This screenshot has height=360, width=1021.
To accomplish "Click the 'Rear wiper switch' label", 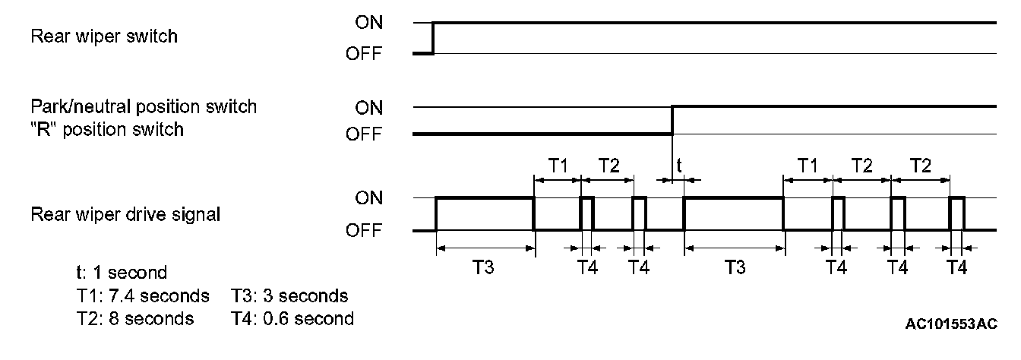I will pyautogui.click(x=104, y=36).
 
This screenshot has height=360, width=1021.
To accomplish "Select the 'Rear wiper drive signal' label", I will pyautogui.click(x=125, y=215).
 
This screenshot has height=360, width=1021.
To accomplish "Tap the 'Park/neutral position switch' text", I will pyautogui.click(x=144, y=106).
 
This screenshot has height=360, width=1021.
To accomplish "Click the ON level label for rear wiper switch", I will pyautogui.click(x=369, y=23).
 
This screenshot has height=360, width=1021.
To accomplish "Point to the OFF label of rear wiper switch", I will pyautogui.click(x=365, y=54).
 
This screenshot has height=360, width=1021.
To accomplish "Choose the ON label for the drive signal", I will pyautogui.click(x=369, y=198).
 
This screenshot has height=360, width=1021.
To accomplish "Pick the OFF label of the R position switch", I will pyautogui.click(x=365, y=134).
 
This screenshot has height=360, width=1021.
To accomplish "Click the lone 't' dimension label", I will pyautogui.click(x=678, y=165).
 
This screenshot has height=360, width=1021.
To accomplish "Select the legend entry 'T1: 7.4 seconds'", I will pyautogui.click(x=137, y=295).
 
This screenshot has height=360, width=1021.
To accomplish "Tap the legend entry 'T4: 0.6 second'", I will pyautogui.click(x=292, y=319).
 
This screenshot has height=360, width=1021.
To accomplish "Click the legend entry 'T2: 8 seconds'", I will pyautogui.click(x=129, y=319).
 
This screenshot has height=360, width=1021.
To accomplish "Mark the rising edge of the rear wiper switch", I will pyautogui.click(x=433, y=38).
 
